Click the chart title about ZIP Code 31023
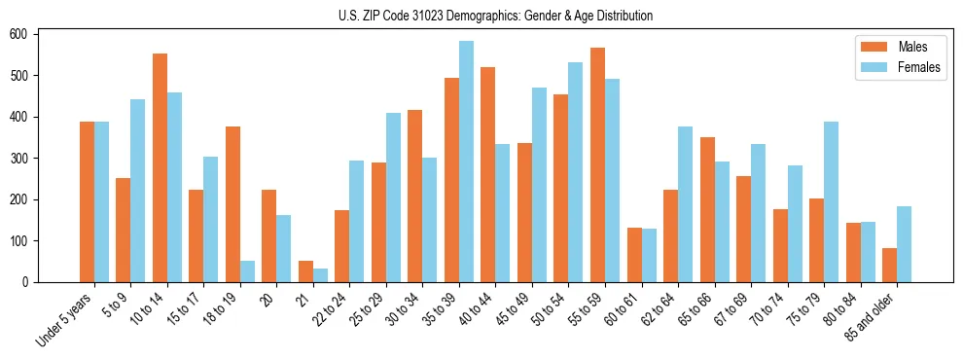tap(481, 16)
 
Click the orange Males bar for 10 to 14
tap(160, 167)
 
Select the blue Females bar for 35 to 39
tap(466, 162)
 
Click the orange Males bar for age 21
tap(305, 271)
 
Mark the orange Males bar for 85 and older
tap(889, 265)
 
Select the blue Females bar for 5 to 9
tap(138, 191)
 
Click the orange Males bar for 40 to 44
tap(488, 174)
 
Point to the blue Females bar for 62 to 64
tap(685, 204)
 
